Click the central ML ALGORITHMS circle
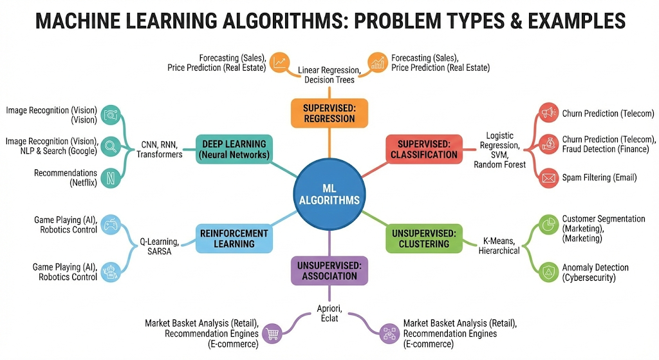[x=329, y=193]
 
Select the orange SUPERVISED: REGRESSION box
[x=329, y=113]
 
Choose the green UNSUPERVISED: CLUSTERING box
[x=423, y=238]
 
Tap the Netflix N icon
[x=110, y=177]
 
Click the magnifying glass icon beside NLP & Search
[x=110, y=146]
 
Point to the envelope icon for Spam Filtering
[x=548, y=177]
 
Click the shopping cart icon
[x=273, y=333]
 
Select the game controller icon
[x=110, y=225]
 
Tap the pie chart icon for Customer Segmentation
[x=548, y=225]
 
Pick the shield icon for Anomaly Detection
[x=548, y=272]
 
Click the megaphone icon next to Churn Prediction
[x=548, y=113]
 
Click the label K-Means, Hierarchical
[x=499, y=245]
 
